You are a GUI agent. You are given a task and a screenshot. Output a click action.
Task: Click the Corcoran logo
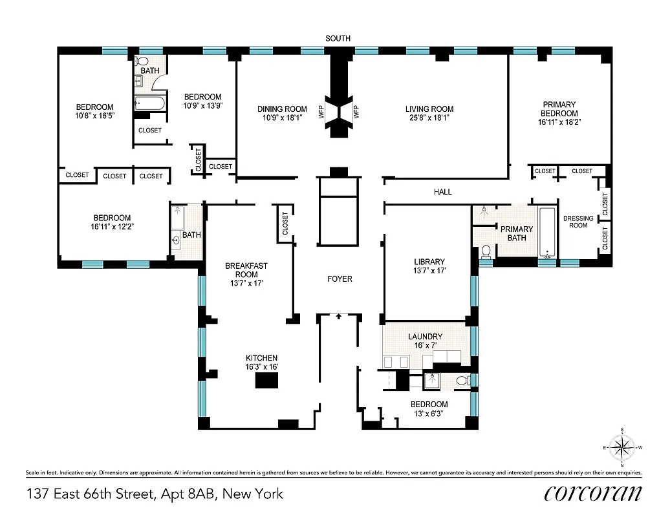coord(592,493)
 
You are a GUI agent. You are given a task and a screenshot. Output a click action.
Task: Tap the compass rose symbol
coord(622,447)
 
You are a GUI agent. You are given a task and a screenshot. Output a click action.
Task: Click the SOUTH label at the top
coord(338,39)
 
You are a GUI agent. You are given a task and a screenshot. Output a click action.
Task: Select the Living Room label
coord(429,109)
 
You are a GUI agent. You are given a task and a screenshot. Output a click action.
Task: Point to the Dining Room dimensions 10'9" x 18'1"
coord(282,118)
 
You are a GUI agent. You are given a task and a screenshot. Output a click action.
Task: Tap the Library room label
coord(429,262)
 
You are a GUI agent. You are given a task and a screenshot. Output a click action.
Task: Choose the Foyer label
coord(340,279)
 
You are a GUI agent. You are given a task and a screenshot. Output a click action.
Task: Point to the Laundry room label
coord(425,337)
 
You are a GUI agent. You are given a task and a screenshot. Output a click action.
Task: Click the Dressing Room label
coord(578,222)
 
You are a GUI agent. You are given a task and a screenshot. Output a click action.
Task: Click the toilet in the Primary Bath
coord(486,251)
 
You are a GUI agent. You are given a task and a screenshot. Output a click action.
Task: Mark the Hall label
coord(443,192)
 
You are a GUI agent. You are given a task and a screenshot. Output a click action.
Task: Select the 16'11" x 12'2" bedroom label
coord(112,222)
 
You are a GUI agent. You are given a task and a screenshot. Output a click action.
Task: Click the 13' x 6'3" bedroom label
coord(429,409)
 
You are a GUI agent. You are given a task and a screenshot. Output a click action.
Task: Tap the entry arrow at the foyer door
coord(338,317)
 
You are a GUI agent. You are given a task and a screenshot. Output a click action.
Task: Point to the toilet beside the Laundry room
coord(462,381)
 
